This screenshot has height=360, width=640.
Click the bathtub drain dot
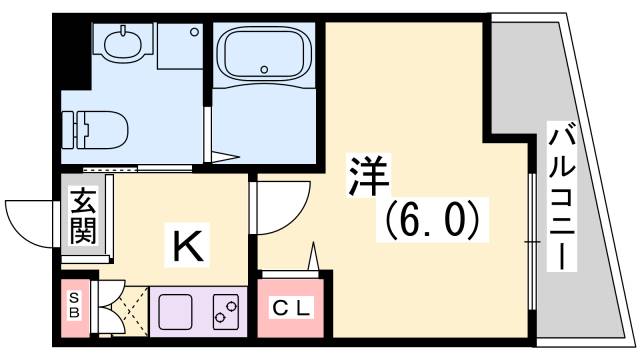264,70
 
